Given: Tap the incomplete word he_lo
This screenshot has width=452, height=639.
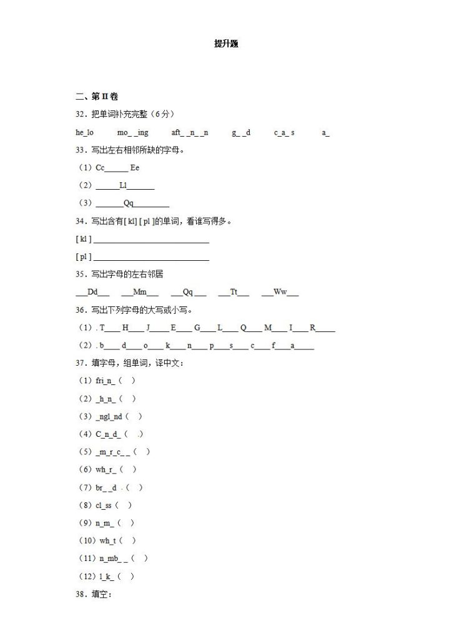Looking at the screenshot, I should [84, 132].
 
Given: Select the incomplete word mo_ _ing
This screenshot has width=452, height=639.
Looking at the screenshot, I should [132, 132].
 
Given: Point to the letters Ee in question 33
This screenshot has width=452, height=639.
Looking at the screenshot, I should [135, 167].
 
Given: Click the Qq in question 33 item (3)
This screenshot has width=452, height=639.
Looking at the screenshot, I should [129, 203].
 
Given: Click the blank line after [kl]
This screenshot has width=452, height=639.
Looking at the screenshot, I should [150, 239].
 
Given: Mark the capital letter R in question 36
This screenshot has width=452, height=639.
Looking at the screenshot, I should [313, 328].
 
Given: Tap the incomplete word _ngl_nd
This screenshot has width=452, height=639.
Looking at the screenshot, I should [109, 416].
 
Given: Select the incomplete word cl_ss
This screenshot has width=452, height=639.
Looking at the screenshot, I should [103, 505].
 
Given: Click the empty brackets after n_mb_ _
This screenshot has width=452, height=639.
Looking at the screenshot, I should [140, 559].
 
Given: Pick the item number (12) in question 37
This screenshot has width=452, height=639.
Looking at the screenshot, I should [85, 577].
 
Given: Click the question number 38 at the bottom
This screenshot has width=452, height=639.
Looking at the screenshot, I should [80, 594].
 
